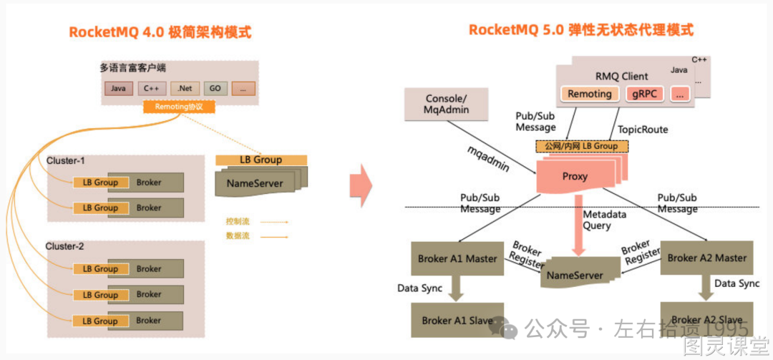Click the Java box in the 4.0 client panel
[119, 89]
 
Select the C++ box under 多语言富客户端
[152, 89]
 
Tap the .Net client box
[184, 89]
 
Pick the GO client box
[214, 89]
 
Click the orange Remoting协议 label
[179, 107]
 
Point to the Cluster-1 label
[65, 160]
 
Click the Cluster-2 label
[65, 246]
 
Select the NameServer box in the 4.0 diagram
[255, 183]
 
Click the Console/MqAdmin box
[446, 104]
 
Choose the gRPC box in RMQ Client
[645, 94]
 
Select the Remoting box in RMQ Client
[590, 94]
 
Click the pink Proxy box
[575, 177]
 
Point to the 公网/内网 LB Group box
[581, 146]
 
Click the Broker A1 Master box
[457, 258]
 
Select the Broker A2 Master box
[706, 258]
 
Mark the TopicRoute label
[643, 130]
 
